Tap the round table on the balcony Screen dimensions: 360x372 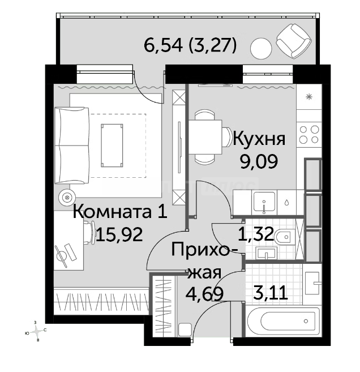[261, 49]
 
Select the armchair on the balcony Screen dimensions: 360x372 [294, 41]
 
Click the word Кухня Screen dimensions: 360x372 [259, 139]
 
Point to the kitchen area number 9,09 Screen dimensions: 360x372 [259, 161]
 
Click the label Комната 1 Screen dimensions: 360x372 [120, 212]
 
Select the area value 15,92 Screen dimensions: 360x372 [119, 234]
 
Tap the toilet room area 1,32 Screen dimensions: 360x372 [256, 233]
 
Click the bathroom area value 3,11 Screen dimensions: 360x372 [271, 293]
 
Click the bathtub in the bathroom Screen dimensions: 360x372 [283, 321]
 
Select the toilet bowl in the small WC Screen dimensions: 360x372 [284, 237]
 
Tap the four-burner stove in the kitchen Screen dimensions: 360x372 [309, 135]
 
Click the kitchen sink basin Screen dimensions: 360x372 [264, 202]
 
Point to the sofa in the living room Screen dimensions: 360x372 [72, 145]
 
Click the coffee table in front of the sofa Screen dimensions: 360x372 [112, 146]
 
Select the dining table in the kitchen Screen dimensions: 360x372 [205, 137]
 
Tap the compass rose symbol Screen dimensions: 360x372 [36, 331]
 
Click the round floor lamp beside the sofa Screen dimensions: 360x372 [67, 198]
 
